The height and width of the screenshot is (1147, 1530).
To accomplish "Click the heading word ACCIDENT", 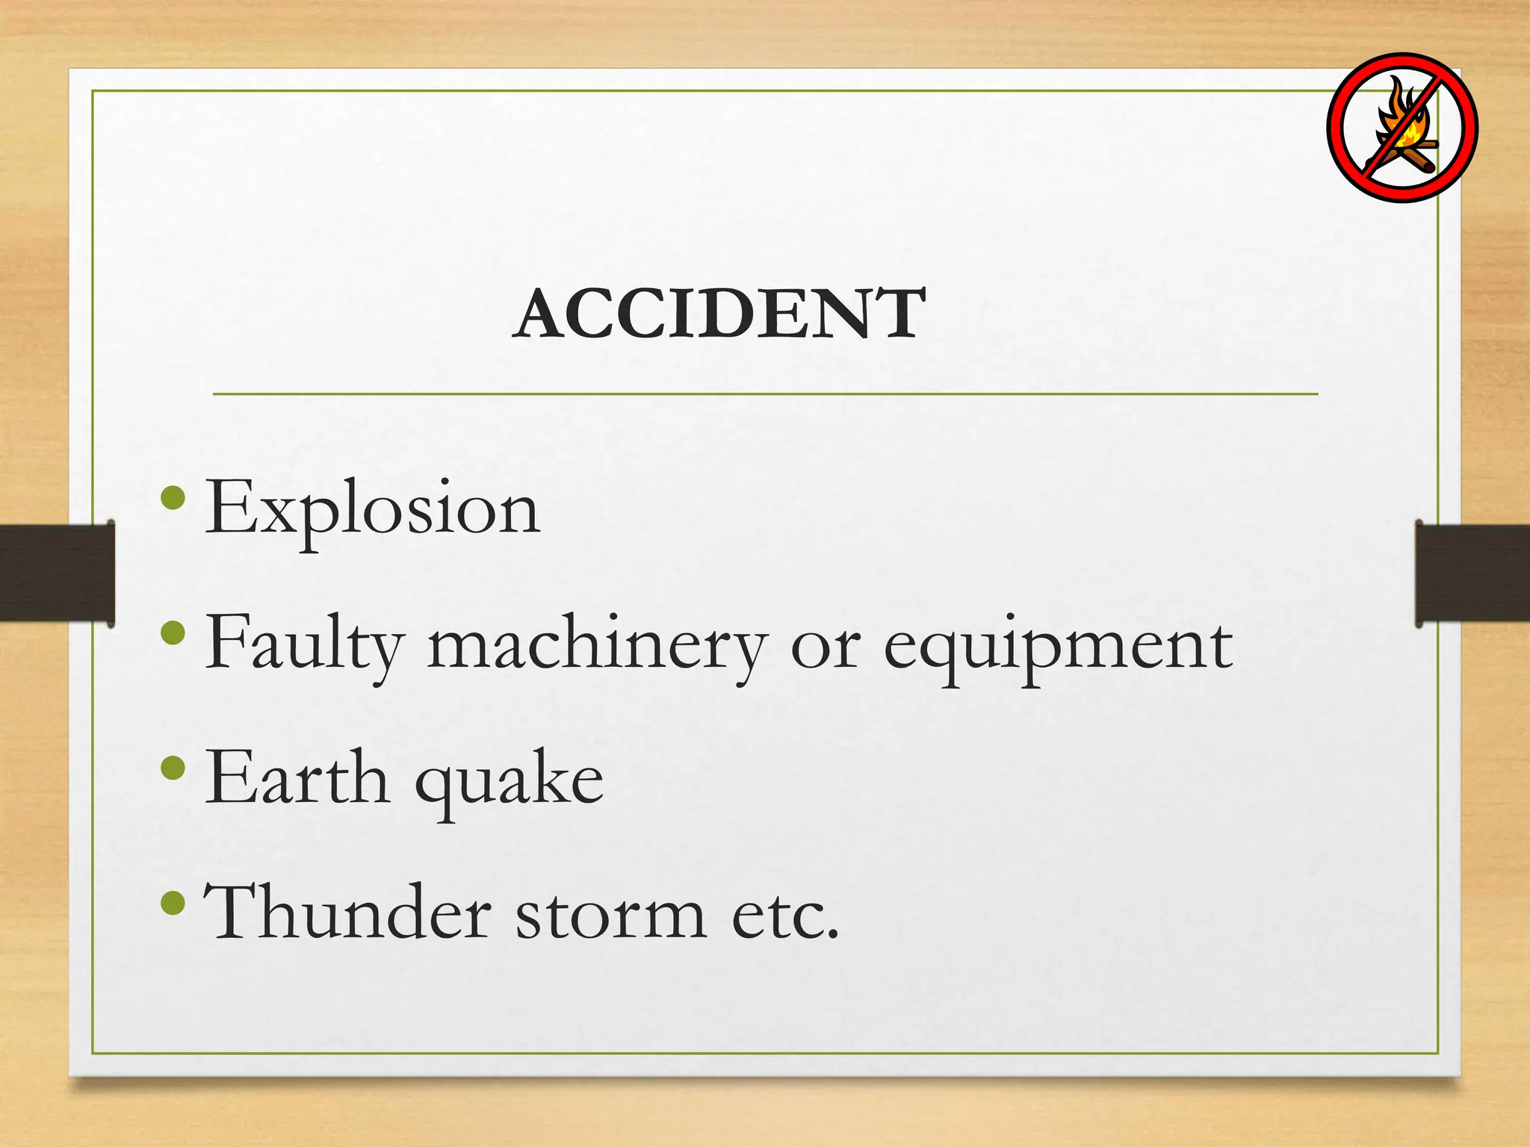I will click(720, 314).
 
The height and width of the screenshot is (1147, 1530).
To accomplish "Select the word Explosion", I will click(372, 509).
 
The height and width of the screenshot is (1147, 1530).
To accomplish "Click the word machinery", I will click(597, 644).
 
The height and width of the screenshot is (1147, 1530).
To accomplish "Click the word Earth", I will click(297, 779).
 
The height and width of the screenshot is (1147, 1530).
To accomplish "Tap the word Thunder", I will click(347, 912).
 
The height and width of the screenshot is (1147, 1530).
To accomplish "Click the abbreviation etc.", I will click(785, 915).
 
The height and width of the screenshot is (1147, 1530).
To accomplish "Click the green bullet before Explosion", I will click(173, 498).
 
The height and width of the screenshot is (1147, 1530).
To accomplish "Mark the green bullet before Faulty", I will click(173, 633).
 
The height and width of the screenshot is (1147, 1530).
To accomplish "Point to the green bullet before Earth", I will click(173, 768).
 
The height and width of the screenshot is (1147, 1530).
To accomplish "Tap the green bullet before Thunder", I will click(173, 902).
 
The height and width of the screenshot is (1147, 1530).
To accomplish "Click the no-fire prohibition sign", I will click(1402, 128).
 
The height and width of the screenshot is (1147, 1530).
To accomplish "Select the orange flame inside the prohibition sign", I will click(1402, 119).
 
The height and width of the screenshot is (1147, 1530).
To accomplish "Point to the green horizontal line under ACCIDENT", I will click(765, 394).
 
